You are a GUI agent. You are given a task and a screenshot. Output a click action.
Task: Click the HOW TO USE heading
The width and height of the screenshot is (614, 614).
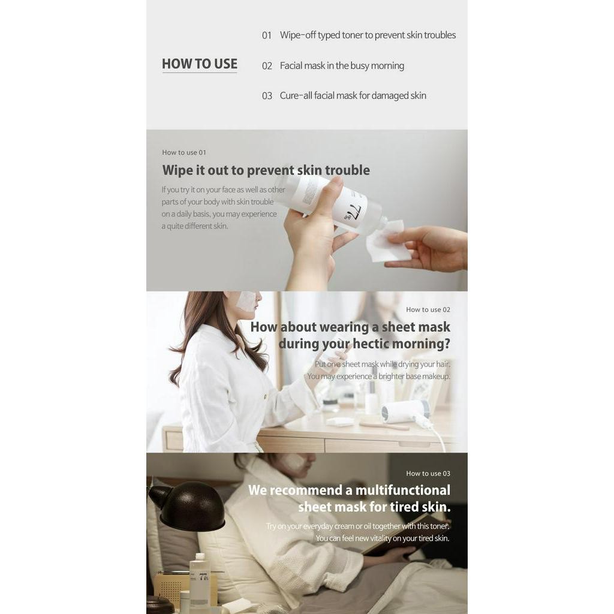199,64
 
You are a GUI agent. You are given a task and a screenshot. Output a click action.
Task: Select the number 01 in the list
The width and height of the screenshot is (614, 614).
267,35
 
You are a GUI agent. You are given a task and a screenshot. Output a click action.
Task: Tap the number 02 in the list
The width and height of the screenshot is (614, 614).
267,66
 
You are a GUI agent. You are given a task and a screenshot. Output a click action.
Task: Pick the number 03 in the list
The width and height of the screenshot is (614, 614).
267,96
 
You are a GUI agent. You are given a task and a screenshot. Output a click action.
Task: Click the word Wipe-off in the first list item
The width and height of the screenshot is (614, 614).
297,35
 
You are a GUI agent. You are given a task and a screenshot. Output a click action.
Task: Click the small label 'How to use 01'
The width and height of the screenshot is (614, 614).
183,152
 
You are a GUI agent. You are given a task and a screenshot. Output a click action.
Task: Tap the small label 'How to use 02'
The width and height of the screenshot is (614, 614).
428,309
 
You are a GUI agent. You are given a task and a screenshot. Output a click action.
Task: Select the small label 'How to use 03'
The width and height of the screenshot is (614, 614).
428,474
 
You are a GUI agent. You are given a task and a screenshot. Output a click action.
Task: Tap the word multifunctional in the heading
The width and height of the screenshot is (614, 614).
402,490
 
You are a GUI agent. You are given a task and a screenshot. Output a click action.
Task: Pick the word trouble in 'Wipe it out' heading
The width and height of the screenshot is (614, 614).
347,170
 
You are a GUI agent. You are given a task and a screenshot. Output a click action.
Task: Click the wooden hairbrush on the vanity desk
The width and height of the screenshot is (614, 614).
384,425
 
